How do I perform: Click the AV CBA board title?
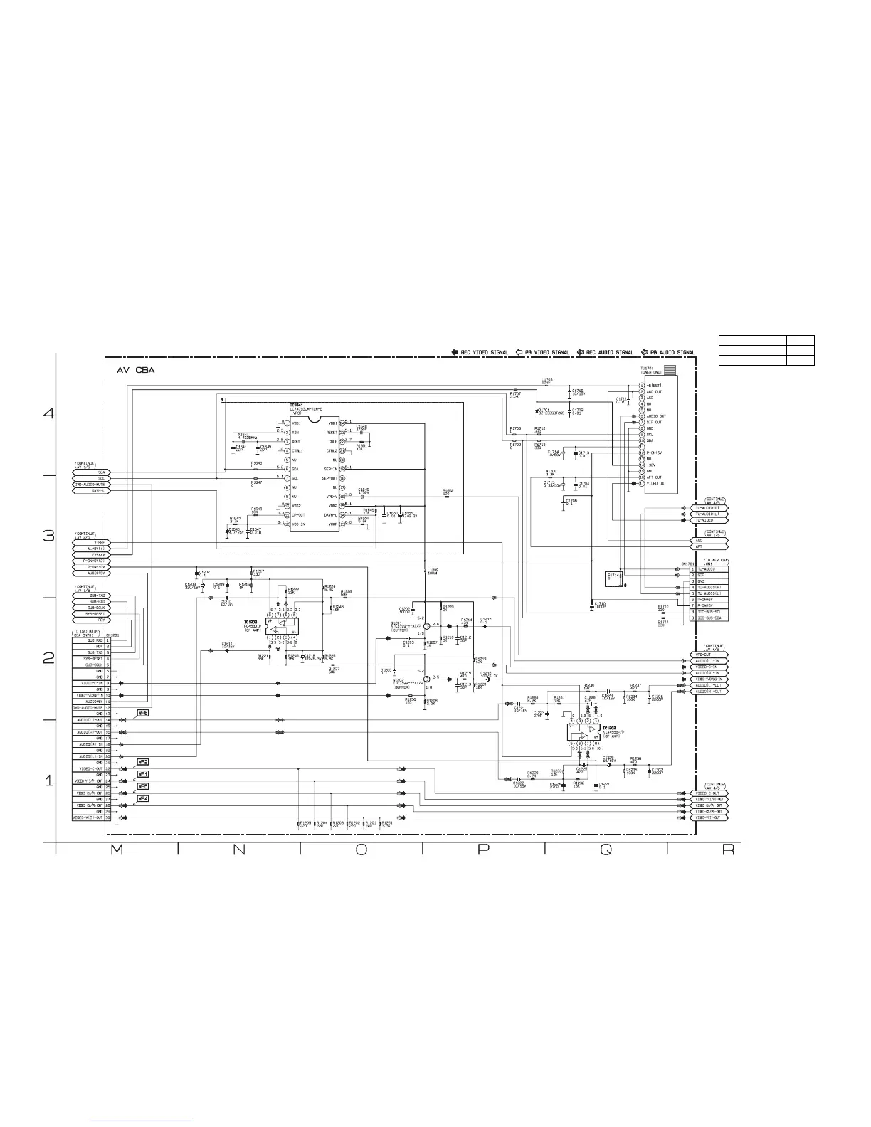click(x=136, y=371)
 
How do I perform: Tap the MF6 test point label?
click(x=143, y=713)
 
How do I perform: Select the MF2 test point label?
click(x=143, y=762)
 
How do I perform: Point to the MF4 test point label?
click(x=143, y=799)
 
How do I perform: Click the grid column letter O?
click(x=361, y=852)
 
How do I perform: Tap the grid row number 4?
click(x=48, y=414)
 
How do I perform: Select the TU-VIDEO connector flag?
click(x=706, y=520)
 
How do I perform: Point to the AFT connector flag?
click(x=706, y=546)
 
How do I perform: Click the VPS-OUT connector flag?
click(x=706, y=655)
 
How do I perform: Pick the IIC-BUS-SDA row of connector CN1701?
click(x=711, y=618)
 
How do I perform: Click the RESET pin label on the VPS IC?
click(x=332, y=432)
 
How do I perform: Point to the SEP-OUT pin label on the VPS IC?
click(x=329, y=478)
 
